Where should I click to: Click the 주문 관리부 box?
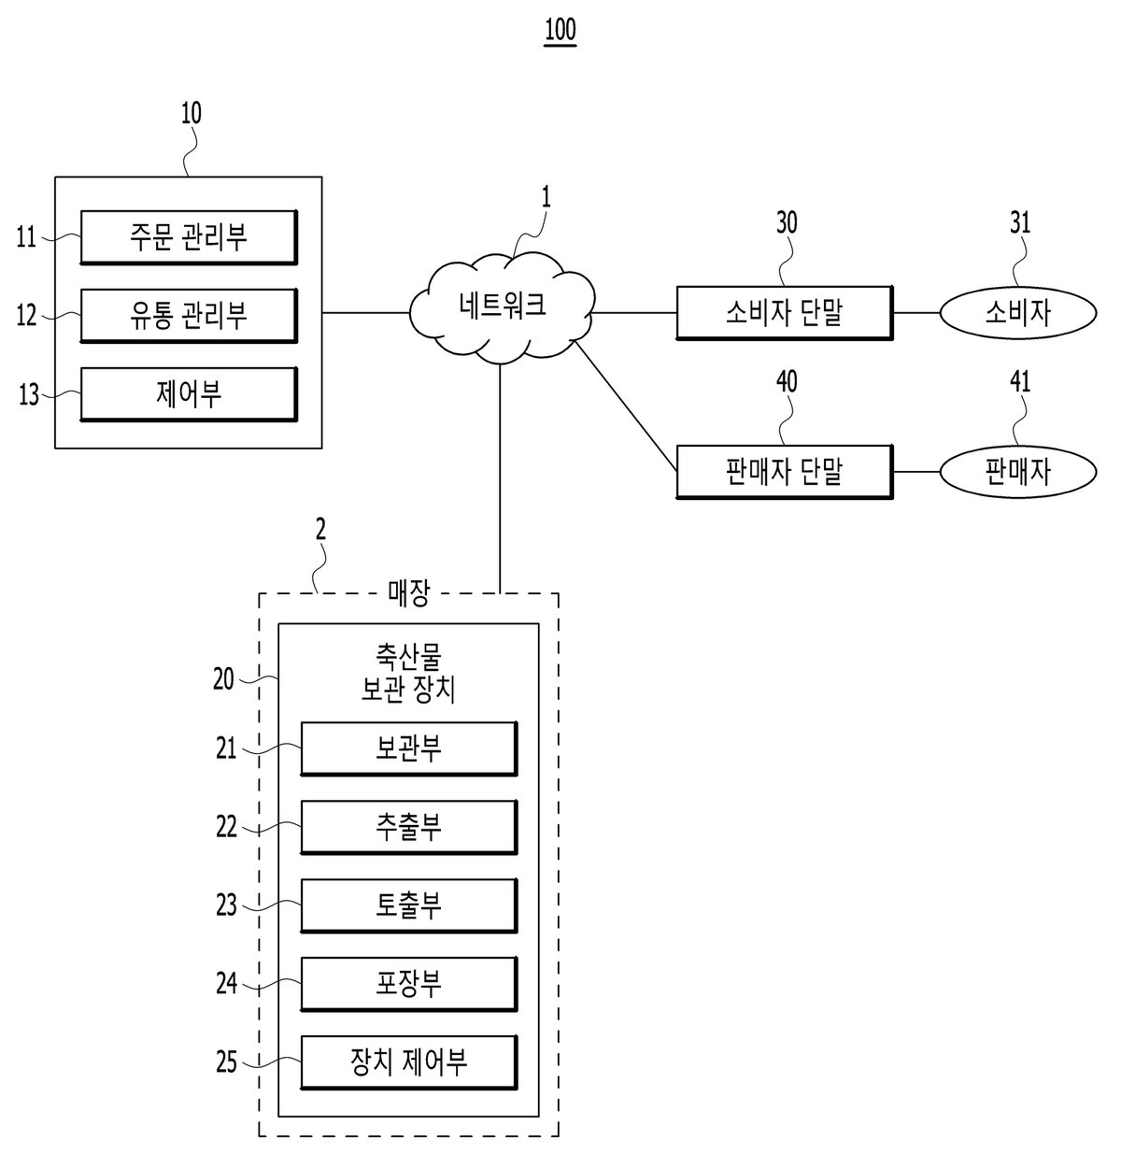(189, 237)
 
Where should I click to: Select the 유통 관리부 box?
(189, 316)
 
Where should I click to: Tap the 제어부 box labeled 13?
(189, 394)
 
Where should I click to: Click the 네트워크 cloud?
(503, 308)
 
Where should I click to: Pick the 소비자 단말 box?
(785, 313)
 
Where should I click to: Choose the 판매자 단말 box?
(785, 472)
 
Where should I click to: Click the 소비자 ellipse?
(1018, 313)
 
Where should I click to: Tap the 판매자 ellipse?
(1018, 472)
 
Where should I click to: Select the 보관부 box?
(408, 748)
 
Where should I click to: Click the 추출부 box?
(408, 827)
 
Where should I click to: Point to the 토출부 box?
(408, 905)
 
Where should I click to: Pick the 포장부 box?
(408, 984)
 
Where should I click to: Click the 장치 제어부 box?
(408, 1062)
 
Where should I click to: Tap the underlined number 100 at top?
(560, 30)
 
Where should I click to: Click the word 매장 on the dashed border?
(408, 593)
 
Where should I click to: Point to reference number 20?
(224, 679)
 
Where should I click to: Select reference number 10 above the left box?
(192, 113)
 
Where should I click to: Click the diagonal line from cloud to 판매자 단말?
(626, 406)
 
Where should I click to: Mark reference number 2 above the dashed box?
(321, 530)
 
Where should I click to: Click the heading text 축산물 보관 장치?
(408, 674)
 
